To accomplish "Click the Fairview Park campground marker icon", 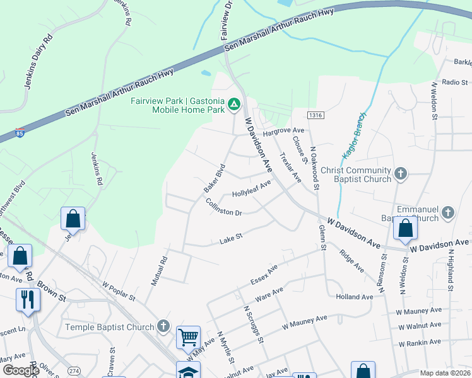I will [x=234, y=103].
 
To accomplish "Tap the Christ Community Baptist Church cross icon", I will [x=400, y=173].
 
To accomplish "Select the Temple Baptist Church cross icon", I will [x=163, y=326].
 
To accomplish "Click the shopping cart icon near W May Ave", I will [x=189, y=337].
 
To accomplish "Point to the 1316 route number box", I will [x=316, y=115].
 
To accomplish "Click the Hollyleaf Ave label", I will [x=251, y=188].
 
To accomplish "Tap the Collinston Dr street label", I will [x=224, y=207].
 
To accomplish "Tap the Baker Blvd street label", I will [x=215, y=180].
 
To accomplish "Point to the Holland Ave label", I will [x=355, y=297].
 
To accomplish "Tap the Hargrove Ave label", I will [x=279, y=131].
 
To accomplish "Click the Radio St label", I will [x=454, y=82].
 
